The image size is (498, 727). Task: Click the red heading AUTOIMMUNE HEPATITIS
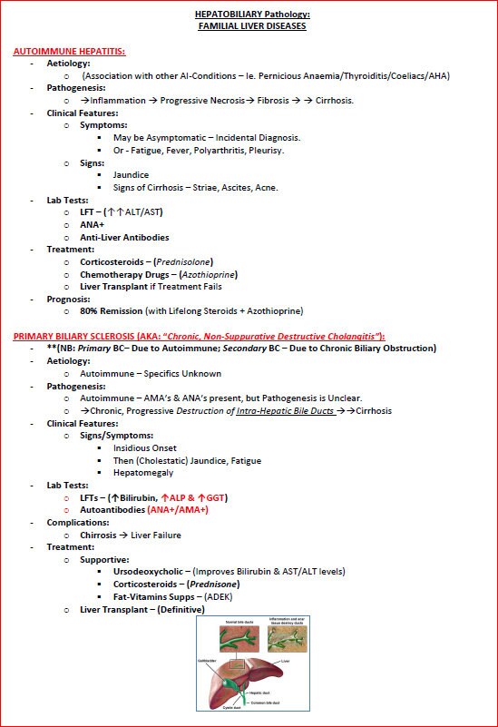pyautogui.click(x=69, y=51)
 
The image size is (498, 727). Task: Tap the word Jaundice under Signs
pyautogui.click(x=131, y=174)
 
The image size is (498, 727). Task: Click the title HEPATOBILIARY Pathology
pyautogui.click(x=251, y=15)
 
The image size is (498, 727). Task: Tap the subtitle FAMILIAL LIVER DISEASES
pyautogui.click(x=251, y=26)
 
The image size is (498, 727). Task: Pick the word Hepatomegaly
pyautogui.click(x=143, y=473)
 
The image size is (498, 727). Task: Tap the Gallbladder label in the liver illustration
pyautogui.click(x=208, y=662)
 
